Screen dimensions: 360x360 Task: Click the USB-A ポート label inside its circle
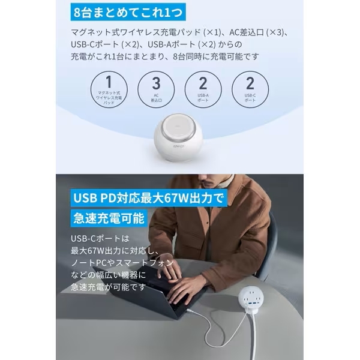click(x=204, y=97)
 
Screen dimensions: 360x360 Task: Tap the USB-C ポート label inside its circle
click(x=251, y=97)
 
